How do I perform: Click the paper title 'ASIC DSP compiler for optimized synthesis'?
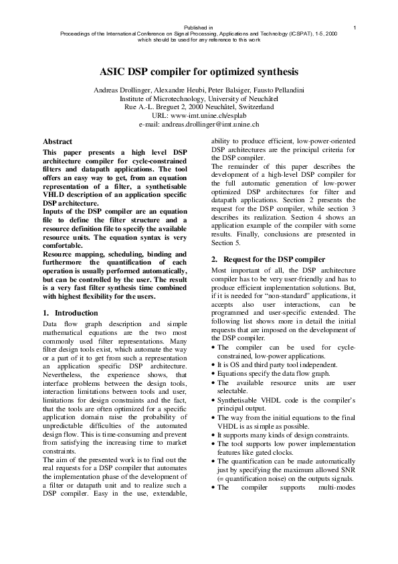pos(199,72)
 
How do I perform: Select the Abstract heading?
pos(58,142)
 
